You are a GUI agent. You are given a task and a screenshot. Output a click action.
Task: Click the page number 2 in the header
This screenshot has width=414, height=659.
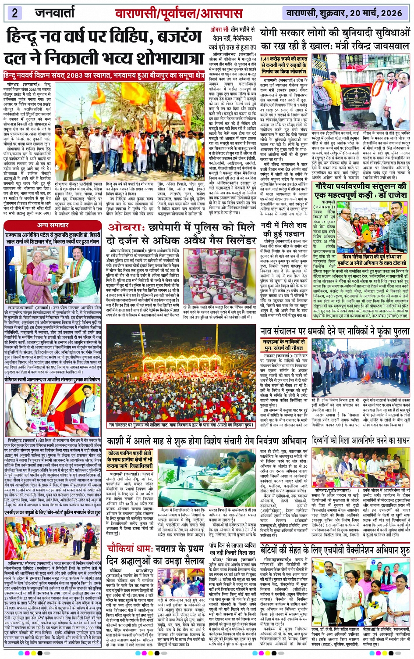click(14, 12)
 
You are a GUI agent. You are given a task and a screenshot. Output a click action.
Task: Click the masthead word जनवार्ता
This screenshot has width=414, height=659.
click(55, 13)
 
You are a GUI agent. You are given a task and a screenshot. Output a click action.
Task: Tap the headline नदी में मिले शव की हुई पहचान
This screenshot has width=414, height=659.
click(284, 229)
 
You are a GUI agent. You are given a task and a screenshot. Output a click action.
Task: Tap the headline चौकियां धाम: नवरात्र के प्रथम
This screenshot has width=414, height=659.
click(155, 555)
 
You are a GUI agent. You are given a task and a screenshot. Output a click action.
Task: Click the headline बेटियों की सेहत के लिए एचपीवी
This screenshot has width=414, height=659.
click(335, 550)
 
